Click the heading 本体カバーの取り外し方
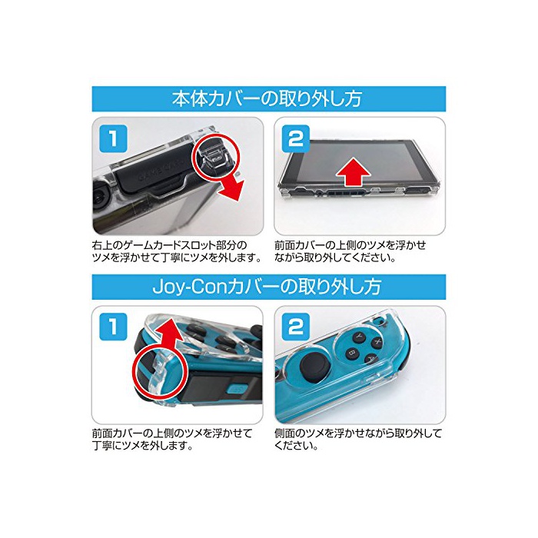pyautogui.click(x=267, y=98)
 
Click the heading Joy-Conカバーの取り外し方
pyautogui.click(x=267, y=287)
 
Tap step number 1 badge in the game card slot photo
pyautogui.click(x=113, y=138)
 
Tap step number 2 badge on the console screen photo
pyautogui.click(x=296, y=139)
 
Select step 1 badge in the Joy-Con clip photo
pyautogui.click(x=113, y=327)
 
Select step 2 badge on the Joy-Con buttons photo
pyautogui.click(x=296, y=327)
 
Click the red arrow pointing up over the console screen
pyautogui.click(x=354, y=173)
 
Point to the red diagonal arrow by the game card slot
pyautogui.click(x=231, y=187)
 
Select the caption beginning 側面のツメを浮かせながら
pyautogui.click(x=358, y=440)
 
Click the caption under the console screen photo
pyautogui.click(x=350, y=251)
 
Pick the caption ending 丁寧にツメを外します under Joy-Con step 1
pyautogui.click(x=172, y=440)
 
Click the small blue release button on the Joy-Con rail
pyautogui.click(x=235, y=389)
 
